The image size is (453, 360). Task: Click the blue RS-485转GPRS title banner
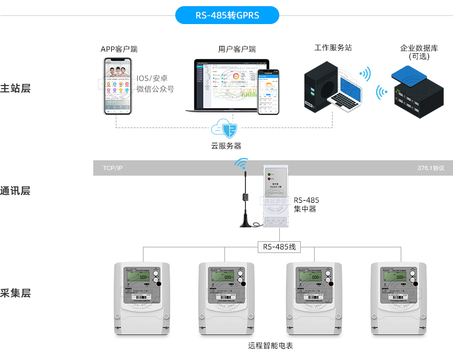pos(227,15)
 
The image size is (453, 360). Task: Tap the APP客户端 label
pos(119,49)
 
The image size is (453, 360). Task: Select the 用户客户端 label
pos(237,49)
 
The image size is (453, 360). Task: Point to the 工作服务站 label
pos(333,48)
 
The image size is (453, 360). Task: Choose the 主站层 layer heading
pos(15,88)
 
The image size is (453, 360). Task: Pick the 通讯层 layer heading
pos(15,191)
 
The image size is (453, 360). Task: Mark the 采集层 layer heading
pos(15,293)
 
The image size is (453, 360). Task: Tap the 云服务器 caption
pos(226,146)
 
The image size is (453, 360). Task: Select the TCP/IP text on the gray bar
pos(113,168)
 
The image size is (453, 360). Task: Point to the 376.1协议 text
pos(430,168)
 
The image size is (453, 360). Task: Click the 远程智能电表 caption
pos(271,346)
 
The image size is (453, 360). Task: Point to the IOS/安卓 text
pos(152,79)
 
